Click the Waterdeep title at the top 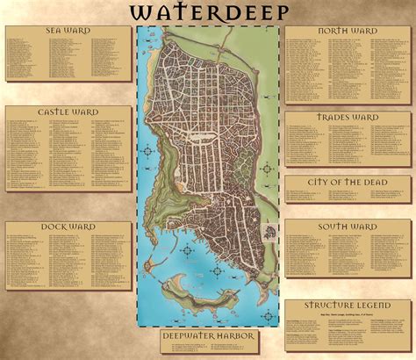209,11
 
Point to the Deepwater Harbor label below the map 209,335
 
